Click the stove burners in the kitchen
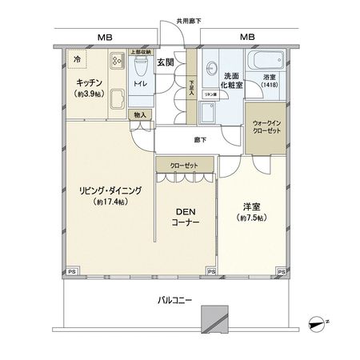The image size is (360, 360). click(x=117, y=60)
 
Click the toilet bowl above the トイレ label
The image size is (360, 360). click(x=142, y=62)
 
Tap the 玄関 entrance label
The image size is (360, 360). click(x=166, y=62)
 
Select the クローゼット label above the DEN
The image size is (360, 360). click(x=185, y=165)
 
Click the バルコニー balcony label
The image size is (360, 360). click(x=171, y=300)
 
